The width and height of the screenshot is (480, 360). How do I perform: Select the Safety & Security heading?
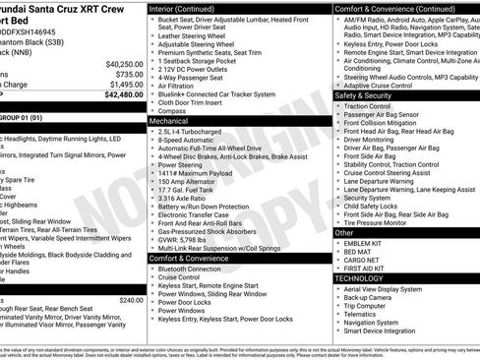364,94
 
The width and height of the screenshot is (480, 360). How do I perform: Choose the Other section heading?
343,232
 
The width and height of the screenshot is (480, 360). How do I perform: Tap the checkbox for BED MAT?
337,251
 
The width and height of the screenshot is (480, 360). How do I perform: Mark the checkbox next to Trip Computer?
337,305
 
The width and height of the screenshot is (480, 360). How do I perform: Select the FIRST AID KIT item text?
366,269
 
